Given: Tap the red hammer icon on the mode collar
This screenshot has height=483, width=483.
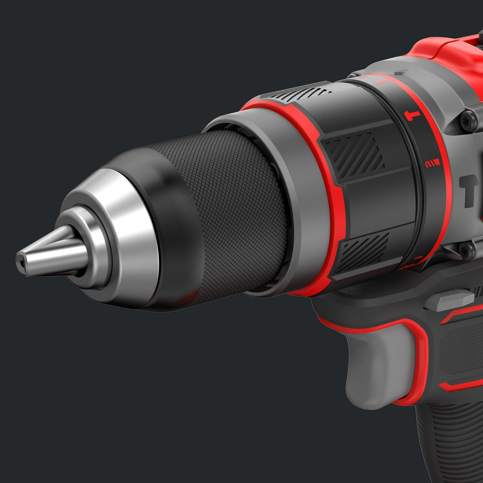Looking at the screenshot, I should coord(412,115).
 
